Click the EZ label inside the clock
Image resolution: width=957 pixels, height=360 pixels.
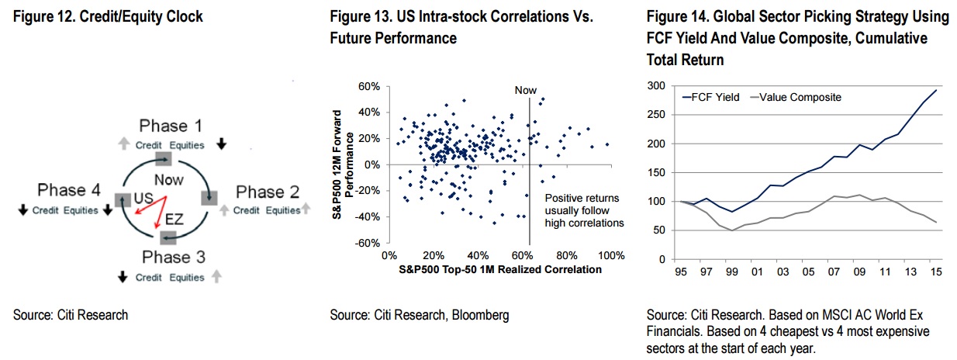point(174,220)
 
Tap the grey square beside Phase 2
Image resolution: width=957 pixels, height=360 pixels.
point(209,198)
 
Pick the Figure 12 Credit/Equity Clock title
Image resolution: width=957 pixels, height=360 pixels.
point(109,16)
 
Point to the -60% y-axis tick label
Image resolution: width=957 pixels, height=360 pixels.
point(368,244)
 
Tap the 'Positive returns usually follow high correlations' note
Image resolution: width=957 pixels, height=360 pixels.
point(584,210)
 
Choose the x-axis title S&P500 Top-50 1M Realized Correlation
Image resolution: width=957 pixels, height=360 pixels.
point(500,270)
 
